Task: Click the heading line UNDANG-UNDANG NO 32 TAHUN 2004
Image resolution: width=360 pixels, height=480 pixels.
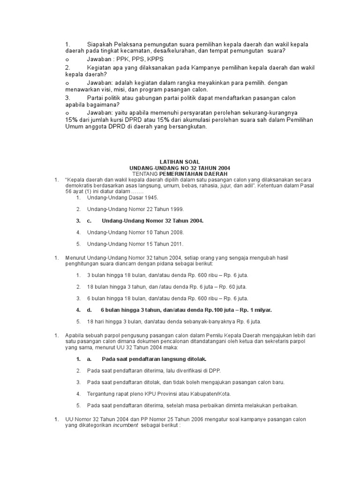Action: [180, 168]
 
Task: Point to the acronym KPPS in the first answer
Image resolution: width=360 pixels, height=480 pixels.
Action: [155, 60]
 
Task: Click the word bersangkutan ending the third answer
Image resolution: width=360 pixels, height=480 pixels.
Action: [184, 127]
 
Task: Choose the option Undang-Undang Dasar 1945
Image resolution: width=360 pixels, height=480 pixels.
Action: [120, 198]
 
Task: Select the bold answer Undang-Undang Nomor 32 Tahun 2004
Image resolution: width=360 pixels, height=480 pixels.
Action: [152, 220]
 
